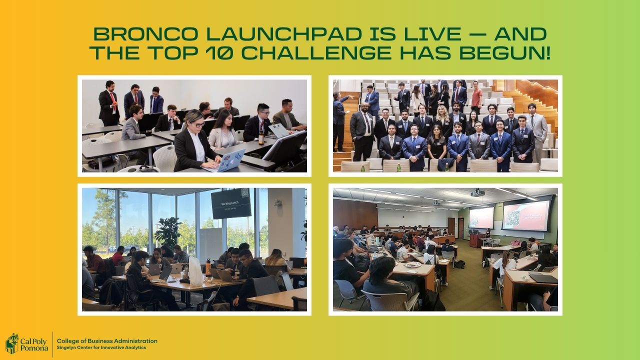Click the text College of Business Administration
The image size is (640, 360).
tap(107, 341)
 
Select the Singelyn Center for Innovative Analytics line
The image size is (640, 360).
tap(101, 347)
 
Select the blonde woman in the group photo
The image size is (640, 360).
tap(442, 118)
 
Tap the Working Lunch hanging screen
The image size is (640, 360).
tap(231, 203)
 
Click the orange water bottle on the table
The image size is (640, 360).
tap(208, 267)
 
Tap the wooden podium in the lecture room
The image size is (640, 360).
tap(476, 240)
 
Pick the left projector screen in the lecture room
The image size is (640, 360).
tap(481, 217)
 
